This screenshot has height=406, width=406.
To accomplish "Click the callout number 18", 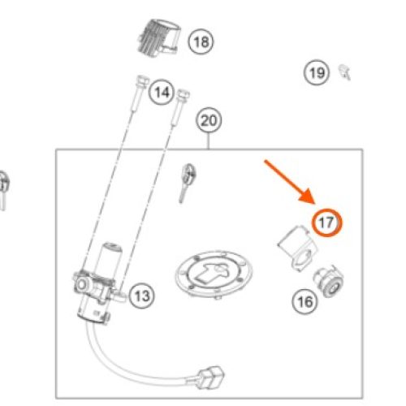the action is [x=201, y=42].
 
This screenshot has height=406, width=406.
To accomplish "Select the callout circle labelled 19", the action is [x=317, y=72].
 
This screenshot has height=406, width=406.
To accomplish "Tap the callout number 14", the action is [x=162, y=93].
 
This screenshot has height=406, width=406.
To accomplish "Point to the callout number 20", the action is [x=209, y=120].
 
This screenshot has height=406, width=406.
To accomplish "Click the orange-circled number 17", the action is [x=326, y=222].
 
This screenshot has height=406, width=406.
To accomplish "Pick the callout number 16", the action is [x=305, y=301].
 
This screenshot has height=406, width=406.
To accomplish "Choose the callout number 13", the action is [x=141, y=296].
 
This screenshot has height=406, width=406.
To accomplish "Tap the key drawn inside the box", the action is [x=187, y=182].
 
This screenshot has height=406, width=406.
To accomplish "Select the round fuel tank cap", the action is [x=214, y=274].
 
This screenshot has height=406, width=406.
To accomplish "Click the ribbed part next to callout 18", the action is [x=159, y=37].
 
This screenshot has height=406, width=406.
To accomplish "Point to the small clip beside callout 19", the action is [x=345, y=71].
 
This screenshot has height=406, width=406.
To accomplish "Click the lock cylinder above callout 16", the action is [x=329, y=282].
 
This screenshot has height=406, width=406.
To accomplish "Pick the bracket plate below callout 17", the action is [x=297, y=247].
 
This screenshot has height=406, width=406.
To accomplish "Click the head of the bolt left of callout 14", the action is [x=142, y=80].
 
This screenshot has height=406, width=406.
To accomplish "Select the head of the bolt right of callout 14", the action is [x=183, y=94].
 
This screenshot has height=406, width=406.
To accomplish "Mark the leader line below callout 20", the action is [x=209, y=140].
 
